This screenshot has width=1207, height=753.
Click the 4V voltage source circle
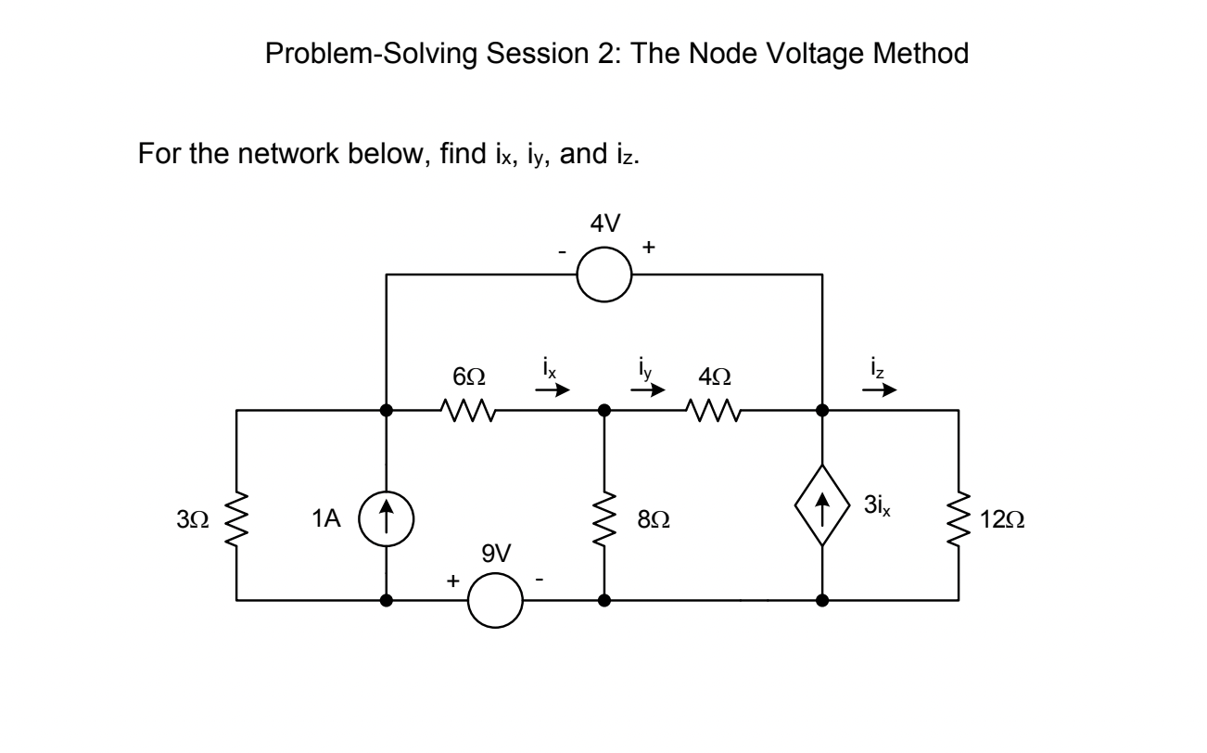coord(603,274)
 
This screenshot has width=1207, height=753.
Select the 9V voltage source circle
coord(496,600)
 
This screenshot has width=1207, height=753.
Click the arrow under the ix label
coord(550,391)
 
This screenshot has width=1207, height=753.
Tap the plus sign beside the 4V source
coord(648,249)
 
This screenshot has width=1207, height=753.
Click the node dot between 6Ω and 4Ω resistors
coord(604,409)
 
